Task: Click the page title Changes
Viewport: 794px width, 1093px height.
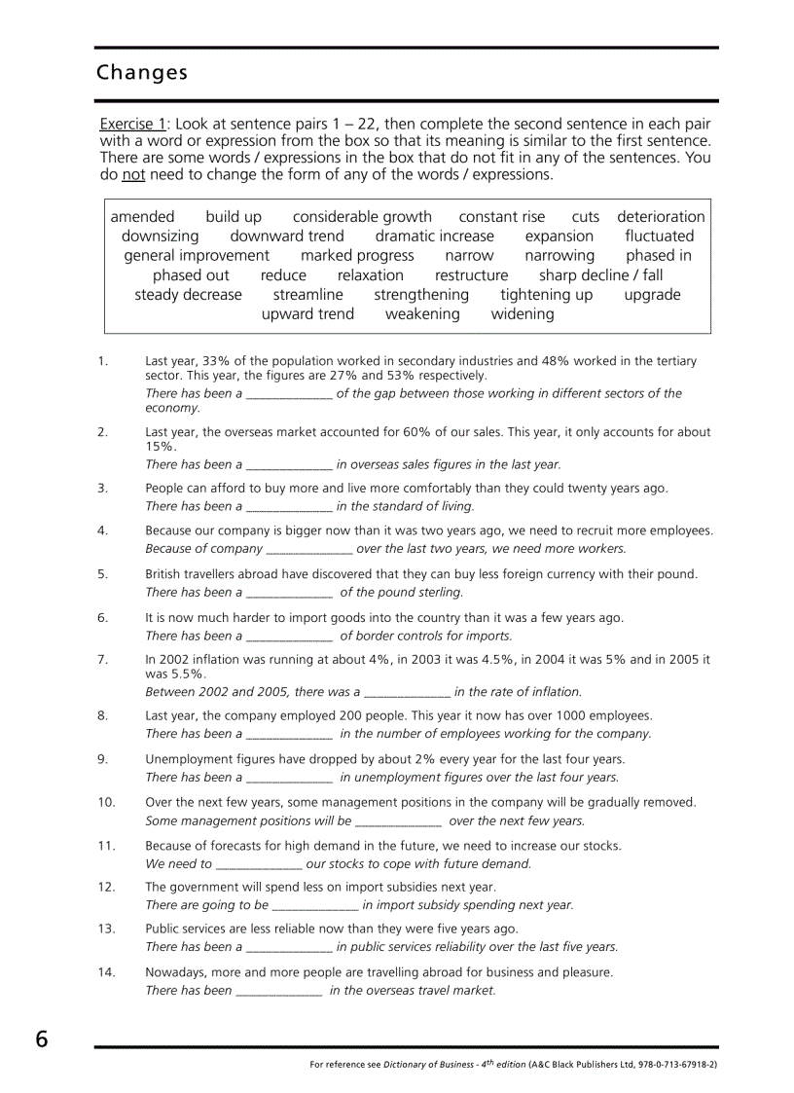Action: click(142, 73)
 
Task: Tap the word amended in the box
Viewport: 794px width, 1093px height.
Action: click(142, 217)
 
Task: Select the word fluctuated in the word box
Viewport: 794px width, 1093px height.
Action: click(659, 237)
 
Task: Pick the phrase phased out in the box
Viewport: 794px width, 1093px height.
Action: click(191, 275)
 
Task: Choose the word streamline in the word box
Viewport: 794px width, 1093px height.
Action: click(307, 295)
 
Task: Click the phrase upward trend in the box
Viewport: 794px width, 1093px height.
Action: click(307, 314)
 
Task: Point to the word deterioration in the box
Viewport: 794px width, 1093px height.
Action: click(661, 217)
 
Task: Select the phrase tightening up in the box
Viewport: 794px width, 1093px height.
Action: click(546, 295)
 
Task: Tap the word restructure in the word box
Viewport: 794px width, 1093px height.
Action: click(471, 275)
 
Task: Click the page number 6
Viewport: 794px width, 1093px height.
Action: click(41, 1039)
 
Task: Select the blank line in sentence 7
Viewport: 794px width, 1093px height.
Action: click(407, 693)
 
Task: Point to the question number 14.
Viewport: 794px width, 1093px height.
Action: click(106, 972)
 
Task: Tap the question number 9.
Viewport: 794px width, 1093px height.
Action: click(102, 759)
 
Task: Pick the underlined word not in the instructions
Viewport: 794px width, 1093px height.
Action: click(133, 175)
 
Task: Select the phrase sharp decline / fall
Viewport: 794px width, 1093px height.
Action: click(600, 275)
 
